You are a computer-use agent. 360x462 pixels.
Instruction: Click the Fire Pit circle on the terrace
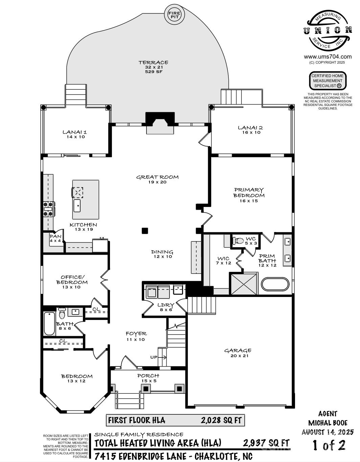175,15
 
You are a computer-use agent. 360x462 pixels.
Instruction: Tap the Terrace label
153,63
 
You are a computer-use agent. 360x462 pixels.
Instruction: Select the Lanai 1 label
75,132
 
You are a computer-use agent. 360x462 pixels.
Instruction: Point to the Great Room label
157,177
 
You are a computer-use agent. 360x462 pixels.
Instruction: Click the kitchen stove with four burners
49,209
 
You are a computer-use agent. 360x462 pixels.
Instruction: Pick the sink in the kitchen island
77,206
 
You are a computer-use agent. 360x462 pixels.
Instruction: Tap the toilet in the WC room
239,241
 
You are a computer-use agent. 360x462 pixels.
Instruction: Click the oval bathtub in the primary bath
275,284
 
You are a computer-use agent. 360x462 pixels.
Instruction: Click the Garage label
238,350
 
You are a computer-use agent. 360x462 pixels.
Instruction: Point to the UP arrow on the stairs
162,357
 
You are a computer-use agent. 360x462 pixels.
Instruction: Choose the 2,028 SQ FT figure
221,420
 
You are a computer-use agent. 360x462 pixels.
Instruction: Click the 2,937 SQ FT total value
266,443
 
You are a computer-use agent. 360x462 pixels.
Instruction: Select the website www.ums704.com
328,57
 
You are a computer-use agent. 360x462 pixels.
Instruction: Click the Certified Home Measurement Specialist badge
328,80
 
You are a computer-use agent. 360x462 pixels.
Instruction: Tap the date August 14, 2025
328,432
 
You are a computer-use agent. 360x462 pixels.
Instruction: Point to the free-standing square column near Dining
145,231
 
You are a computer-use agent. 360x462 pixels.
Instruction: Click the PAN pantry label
55,236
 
